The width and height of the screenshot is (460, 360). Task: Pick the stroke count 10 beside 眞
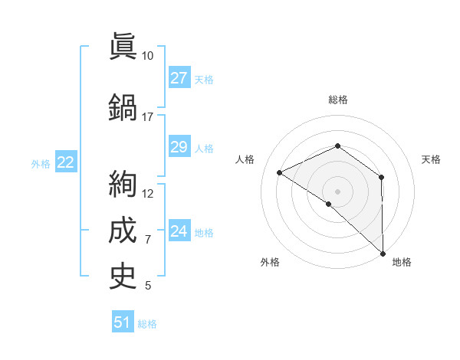[148, 56]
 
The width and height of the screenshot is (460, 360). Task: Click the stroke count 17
[148, 117]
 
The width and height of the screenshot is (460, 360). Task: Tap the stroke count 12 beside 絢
[148, 194]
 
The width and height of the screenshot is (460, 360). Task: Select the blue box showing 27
[179, 78]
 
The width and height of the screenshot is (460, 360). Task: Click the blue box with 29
[179, 147]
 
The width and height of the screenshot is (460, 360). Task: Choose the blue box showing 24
[179, 231]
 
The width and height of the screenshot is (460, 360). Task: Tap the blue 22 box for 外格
[66, 162]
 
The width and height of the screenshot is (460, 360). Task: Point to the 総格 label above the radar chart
[337, 100]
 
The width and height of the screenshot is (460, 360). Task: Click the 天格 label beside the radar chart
[432, 159]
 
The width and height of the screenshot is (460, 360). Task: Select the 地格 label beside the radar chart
[402, 262]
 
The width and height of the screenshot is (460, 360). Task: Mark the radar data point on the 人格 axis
[280, 172]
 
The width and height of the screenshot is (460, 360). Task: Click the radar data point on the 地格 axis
[383, 253]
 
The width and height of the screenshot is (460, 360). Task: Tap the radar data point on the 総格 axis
[337, 146]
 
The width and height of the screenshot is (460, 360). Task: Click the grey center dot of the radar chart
[337, 191]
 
